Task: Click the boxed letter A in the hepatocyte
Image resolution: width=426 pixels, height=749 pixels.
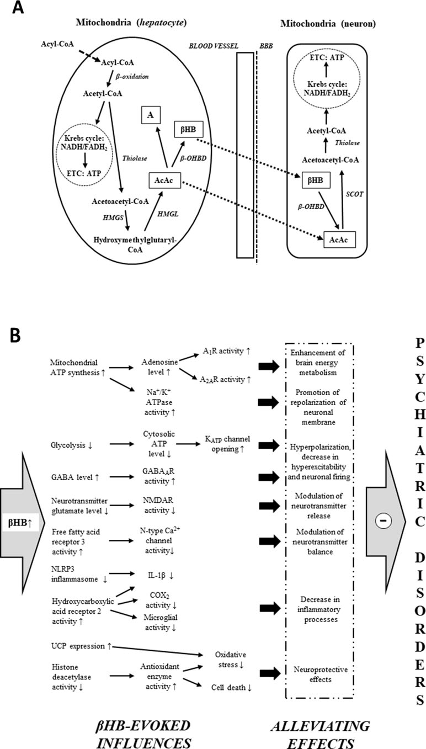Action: pyautogui.click(x=151, y=115)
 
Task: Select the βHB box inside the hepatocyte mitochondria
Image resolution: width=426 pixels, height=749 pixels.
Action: pyautogui.click(x=188, y=129)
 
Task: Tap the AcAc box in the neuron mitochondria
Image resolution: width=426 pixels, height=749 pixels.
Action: pyautogui.click(x=339, y=240)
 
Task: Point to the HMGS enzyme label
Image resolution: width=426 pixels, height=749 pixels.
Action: pyautogui.click(x=113, y=217)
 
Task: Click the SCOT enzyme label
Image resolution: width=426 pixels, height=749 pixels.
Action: pyautogui.click(x=354, y=194)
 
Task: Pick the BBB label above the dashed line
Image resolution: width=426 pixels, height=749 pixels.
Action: pyautogui.click(x=266, y=46)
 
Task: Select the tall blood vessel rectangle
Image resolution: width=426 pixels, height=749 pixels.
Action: pyautogui.click(x=245, y=155)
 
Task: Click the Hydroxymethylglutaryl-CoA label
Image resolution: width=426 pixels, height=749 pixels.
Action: pyautogui.click(x=135, y=245)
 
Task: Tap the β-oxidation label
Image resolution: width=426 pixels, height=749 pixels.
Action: pyautogui.click(x=132, y=77)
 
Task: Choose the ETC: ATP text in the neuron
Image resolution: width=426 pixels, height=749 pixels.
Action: pyautogui.click(x=327, y=57)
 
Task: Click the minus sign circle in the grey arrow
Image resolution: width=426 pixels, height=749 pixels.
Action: pyautogui.click(x=384, y=520)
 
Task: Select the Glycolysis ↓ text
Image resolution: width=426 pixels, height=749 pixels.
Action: pyautogui.click(x=72, y=445)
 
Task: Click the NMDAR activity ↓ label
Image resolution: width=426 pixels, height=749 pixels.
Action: pyautogui.click(x=159, y=505)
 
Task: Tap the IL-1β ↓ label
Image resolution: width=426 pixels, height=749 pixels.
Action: pyautogui.click(x=161, y=575)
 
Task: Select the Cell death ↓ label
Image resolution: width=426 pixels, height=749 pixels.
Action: pyautogui.click(x=231, y=688)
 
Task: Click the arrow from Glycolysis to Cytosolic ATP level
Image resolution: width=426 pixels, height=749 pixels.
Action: pyautogui.click(x=122, y=444)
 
